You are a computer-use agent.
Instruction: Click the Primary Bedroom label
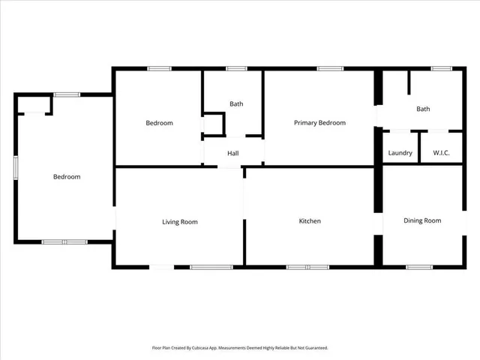319,123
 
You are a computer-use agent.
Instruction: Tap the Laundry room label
400,153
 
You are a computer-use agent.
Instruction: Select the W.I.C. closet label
440,153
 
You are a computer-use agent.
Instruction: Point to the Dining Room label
422,220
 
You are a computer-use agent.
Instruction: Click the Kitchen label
310,221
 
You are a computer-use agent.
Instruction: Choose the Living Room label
180,221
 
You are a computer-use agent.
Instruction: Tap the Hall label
233,153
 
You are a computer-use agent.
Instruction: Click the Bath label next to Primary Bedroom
423,109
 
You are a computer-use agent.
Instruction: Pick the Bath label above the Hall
236,104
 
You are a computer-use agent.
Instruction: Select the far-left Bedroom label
67,177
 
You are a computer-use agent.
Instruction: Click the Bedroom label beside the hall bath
159,123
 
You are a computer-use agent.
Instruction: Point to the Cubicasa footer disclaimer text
240,348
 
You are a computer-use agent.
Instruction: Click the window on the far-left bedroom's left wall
16,167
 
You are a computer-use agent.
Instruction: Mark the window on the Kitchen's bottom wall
307,266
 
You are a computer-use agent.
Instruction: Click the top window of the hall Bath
236,69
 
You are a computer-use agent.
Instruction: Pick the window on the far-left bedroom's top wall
67,94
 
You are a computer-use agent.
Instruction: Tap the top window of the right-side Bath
441,69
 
